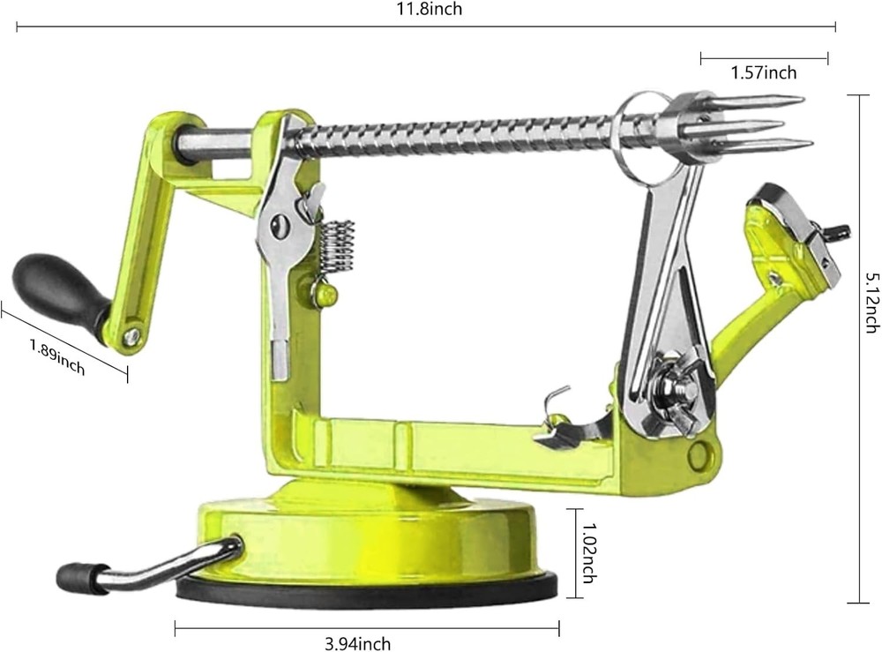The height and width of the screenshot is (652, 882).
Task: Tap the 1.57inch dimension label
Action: (x=764, y=73)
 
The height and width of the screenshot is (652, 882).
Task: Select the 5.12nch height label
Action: (x=870, y=300)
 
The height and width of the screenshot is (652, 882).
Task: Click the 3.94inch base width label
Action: (x=356, y=643)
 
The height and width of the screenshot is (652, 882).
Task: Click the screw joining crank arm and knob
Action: (x=131, y=335)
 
